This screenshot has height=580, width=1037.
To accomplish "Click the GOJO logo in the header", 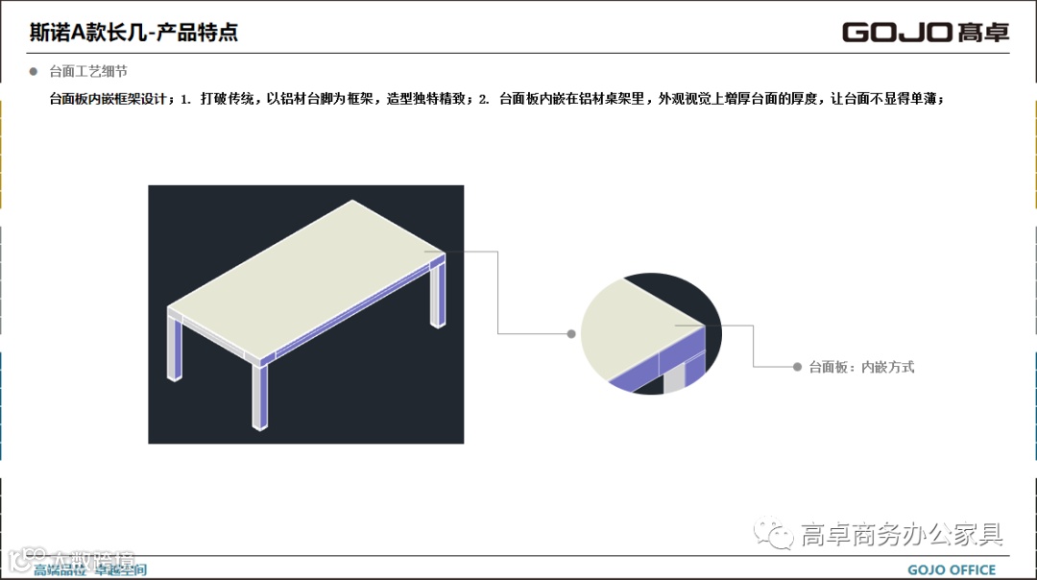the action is coord(926,32).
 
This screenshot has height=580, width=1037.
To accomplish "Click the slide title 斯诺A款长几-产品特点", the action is coord(133,33).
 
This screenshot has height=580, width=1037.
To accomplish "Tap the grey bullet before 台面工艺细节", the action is coord(34,71).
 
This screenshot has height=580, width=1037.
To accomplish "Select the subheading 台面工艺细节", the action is coord(88,72).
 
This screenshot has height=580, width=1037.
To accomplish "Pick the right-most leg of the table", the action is coord(440,293).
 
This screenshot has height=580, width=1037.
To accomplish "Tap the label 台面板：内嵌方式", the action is coord(861,367).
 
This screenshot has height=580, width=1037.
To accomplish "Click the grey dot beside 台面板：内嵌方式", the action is coord(798,367).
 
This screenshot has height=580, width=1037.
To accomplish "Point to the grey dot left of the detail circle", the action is coord(571,334).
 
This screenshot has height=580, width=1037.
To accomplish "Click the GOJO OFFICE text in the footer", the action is coord(952,569).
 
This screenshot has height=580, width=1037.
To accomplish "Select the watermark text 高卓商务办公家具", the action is coord(902,535).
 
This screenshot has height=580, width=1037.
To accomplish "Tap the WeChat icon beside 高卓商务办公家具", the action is coord(773,533).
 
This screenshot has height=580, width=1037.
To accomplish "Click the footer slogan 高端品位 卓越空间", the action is coord(90,570).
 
